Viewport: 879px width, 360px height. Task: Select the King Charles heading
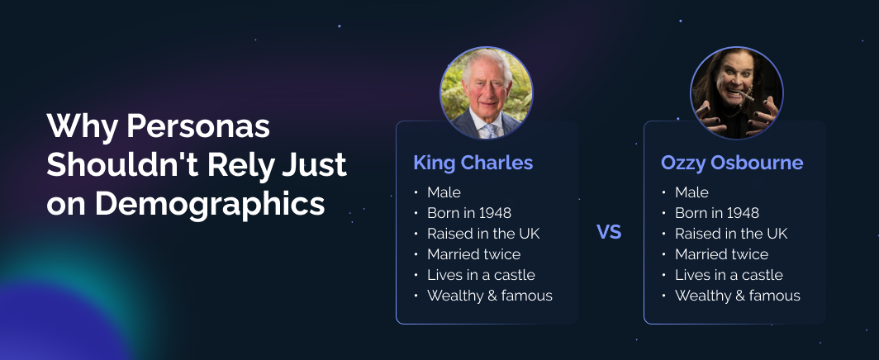click(473, 163)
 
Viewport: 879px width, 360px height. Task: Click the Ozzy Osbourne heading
click(731, 163)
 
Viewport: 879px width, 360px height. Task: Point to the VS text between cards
click(609, 232)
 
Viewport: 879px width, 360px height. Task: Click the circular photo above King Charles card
click(486, 92)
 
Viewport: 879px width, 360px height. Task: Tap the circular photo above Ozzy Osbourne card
click(736, 92)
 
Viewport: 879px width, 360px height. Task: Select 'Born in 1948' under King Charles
click(468, 213)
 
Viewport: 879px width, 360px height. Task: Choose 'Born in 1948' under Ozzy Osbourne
click(716, 213)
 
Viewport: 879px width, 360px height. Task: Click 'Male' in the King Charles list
click(444, 192)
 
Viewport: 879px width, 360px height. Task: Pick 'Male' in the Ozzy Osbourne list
click(691, 192)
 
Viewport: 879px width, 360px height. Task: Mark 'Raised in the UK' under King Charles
click(483, 234)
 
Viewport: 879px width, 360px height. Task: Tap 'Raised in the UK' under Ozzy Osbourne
click(731, 234)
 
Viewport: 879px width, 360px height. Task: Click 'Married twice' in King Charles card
click(473, 254)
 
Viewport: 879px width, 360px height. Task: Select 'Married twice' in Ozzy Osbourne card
click(721, 254)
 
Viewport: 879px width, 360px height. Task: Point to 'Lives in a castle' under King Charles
click(481, 275)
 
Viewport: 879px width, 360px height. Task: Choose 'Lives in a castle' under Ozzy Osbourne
click(729, 275)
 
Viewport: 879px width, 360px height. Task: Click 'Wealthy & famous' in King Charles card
click(489, 296)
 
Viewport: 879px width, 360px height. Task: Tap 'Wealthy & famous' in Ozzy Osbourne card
click(737, 296)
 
